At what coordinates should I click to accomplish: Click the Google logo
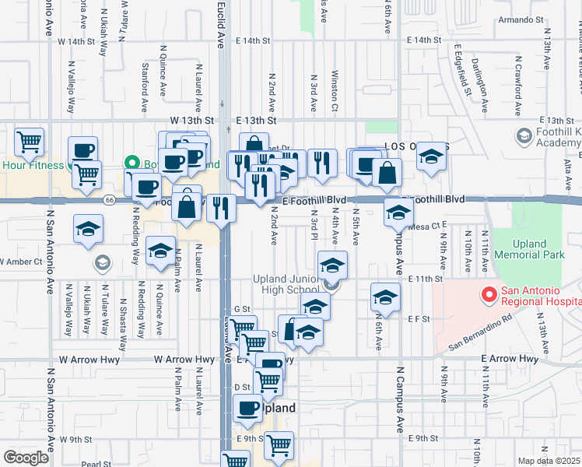point(26,458)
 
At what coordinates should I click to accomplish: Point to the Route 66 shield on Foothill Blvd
point(110,200)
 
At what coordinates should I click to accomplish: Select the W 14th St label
point(86,40)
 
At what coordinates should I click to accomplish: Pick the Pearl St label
point(96,464)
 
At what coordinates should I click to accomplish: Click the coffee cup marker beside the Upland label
point(248,408)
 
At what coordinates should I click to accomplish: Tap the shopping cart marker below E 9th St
point(278,446)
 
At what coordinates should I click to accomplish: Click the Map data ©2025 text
point(548,461)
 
